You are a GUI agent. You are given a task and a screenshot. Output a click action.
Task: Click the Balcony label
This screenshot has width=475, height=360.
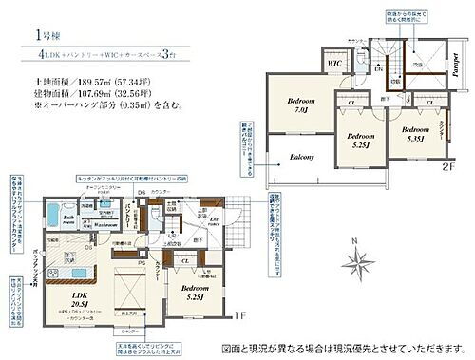coord(301,158)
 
